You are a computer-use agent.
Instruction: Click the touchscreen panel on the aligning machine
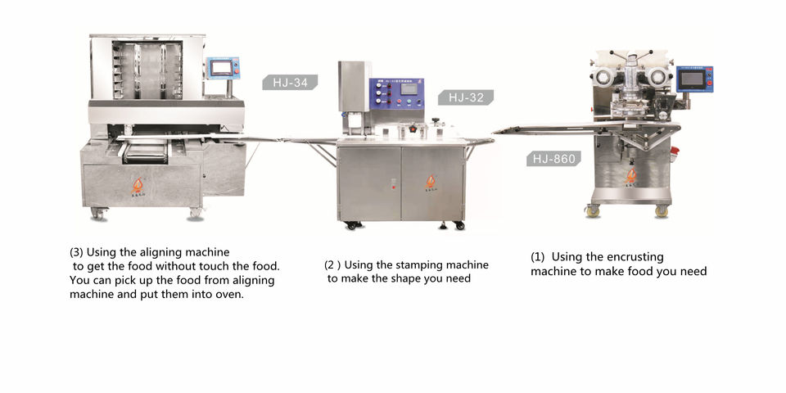coord(222,69)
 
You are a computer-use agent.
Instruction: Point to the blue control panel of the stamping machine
coord(396,100)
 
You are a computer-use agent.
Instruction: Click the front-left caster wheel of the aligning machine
coord(98,214)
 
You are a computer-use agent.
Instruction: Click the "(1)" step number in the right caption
coord(539,256)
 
